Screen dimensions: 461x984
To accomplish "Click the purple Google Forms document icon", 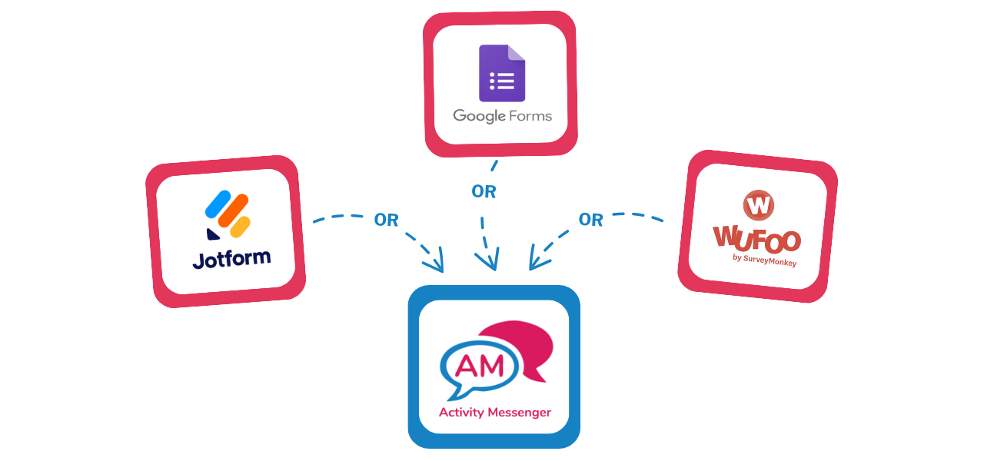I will pyautogui.click(x=502, y=73).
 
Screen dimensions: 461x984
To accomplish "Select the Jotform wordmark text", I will pyautogui.click(x=231, y=259).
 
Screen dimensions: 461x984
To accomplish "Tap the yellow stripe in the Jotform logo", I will pyautogui.click(x=241, y=226).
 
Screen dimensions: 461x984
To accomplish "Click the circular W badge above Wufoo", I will pyautogui.click(x=759, y=205).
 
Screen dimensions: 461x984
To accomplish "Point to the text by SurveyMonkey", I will pyautogui.click(x=764, y=260).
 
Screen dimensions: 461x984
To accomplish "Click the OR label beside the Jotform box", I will pyautogui.click(x=386, y=221).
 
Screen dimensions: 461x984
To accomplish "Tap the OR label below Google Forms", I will pyautogui.click(x=484, y=192).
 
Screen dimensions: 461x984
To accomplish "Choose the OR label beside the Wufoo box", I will pyautogui.click(x=590, y=221).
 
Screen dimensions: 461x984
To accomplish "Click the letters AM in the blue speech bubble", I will pyautogui.click(x=481, y=365).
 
